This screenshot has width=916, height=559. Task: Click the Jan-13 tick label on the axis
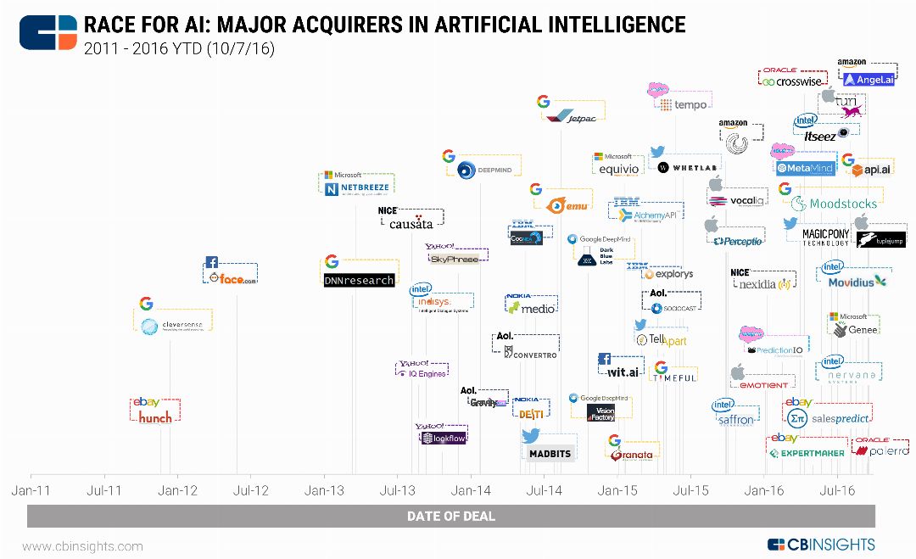pos(324,490)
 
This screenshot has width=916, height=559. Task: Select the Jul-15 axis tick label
pos(690,490)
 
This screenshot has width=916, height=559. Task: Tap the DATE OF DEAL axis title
pos(450,516)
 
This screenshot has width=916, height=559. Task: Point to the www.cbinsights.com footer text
pos(82,546)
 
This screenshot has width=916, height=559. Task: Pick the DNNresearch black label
pos(359,280)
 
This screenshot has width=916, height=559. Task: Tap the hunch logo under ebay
pos(155,417)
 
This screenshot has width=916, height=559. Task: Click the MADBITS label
pos(550,454)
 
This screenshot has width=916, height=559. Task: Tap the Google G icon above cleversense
pos(146,304)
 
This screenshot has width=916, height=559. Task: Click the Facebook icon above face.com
pos(212,262)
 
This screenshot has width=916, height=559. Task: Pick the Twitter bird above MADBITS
pos(532,436)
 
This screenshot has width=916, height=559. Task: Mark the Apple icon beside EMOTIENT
pos(738,371)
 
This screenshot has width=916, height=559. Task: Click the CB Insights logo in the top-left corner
pos(47,32)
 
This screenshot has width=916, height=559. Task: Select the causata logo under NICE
pos(411,223)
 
